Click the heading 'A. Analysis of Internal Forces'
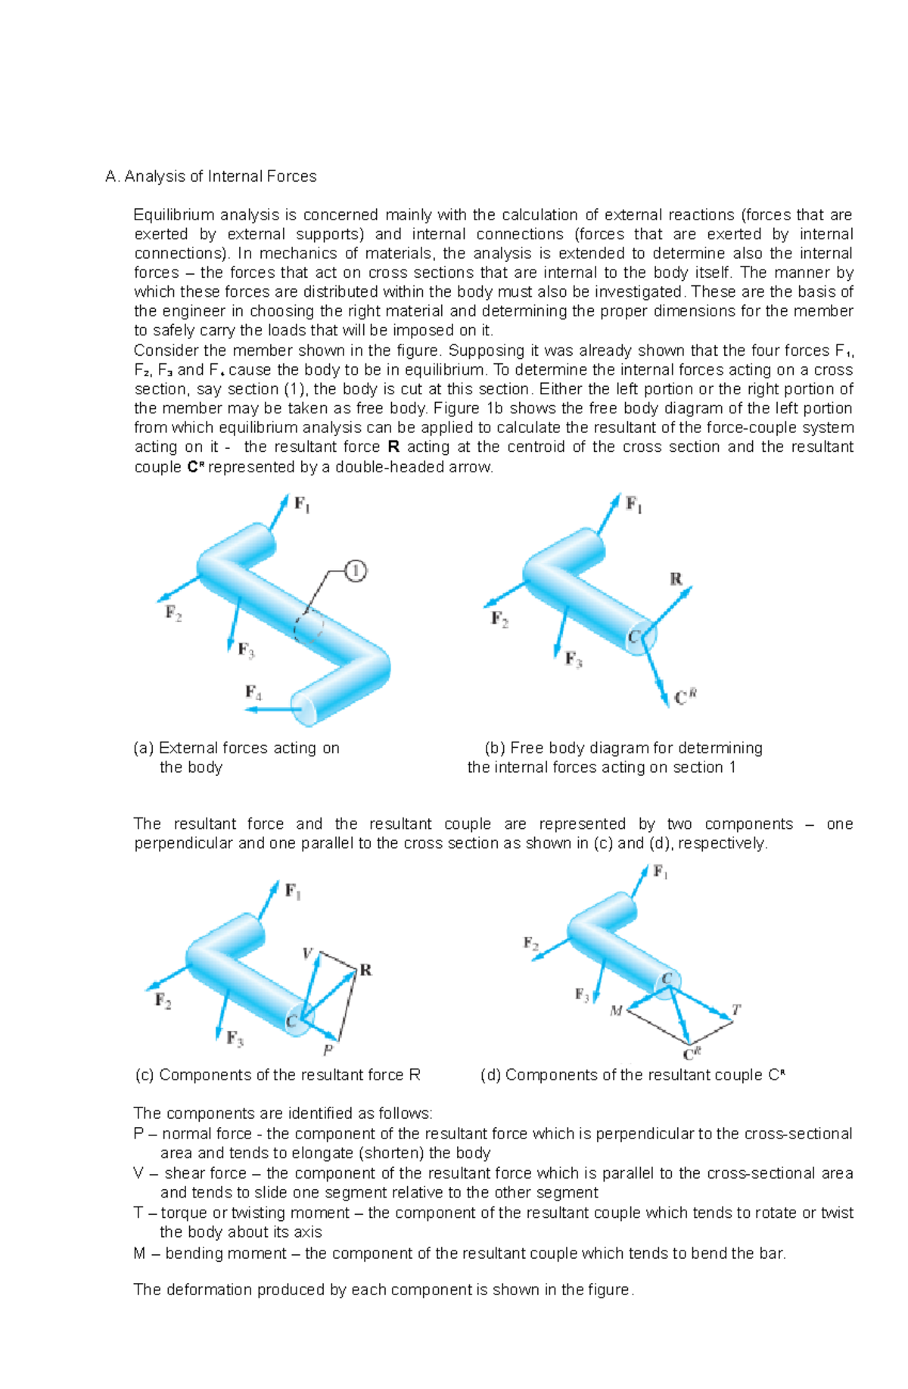[x=211, y=176]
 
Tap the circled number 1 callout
[x=356, y=571]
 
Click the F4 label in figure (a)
[x=253, y=692]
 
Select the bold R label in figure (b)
[x=676, y=579]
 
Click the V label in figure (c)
[x=307, y=953]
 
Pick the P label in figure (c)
[x=328, y=1050]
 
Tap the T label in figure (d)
[x=735, y=1010]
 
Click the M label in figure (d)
[x=617, y=1011]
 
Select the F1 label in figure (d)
[x=661, y=873]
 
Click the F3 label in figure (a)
[x=246, y=649]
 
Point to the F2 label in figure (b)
[x=499, y=619]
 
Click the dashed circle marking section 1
[x=309, y=627]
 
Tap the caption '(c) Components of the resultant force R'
[x=278, y=1075]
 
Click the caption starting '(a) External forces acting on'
[x=236, y=748]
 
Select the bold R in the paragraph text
[x=393, y=447]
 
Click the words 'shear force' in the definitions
[x=205, y=1173]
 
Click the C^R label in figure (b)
[x=685, y=697]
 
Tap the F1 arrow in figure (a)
[x=278, y=512]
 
